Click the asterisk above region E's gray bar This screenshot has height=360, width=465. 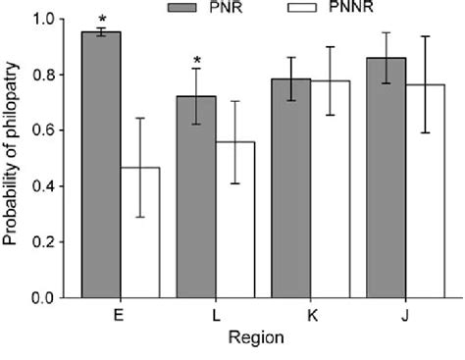(x=101, y=18)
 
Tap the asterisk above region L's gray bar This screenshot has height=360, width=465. (x=197, y=65)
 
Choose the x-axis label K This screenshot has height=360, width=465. (x=311, y=317)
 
